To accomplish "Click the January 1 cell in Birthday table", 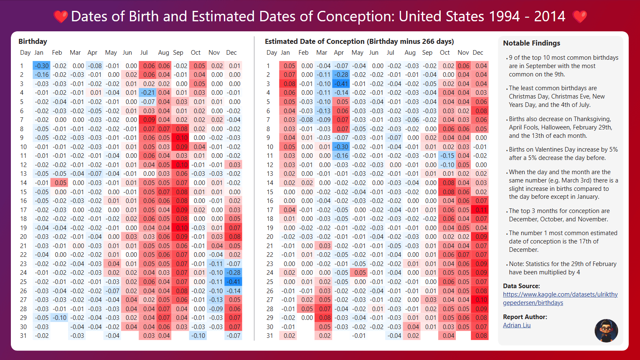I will click(x=41, y=66).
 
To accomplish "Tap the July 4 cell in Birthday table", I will click(x=148, y=93).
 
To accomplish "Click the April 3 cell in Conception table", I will click(x=341, y=84).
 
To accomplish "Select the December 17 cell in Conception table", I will click(x=480, y=210).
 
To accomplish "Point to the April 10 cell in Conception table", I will click(x=341, y=147).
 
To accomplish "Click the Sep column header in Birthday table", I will click(x=178, y=53).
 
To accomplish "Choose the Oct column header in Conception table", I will click(x=444, y=53).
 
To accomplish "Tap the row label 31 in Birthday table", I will click(x=23, y=335).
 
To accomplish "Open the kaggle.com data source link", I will click(x=560, y=298).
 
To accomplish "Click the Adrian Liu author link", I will click(x=517, y=325).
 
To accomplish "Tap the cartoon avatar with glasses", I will click(x=606, y=331).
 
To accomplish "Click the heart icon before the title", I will click(x=61, y=17).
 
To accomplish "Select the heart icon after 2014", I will click(x=579, y=17).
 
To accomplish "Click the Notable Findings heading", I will click(x=531, y=43).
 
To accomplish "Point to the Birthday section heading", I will click(x=33, y=41).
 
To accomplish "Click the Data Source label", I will click(x=521, y=286).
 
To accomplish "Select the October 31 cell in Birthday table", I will click(x=198, y=335).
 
